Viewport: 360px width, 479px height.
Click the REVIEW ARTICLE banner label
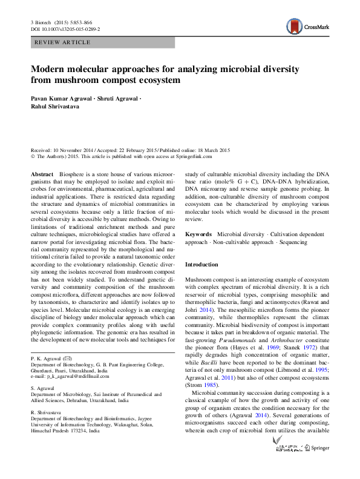coord(63,42)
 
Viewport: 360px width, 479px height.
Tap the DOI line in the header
coord(65,29)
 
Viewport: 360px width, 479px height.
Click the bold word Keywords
coord(198,234)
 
